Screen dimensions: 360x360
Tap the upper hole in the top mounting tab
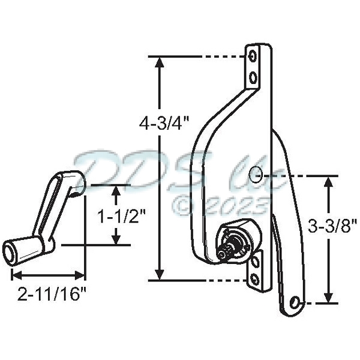tap(254, 56)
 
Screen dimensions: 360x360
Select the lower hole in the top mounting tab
tap(254, 77)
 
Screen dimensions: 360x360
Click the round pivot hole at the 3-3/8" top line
tap(256, 174)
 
